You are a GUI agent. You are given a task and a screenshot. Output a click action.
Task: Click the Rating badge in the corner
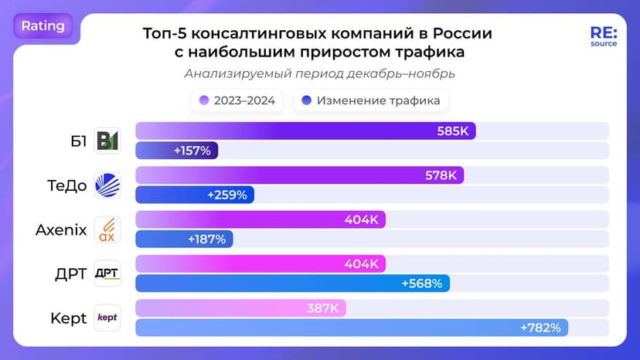click(x=43, y=25)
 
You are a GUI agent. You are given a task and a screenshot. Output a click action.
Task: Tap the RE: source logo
click(x=604, y=36)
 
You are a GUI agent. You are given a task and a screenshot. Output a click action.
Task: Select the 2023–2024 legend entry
click(x=238, y=100)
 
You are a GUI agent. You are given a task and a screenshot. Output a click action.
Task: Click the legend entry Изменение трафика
click(x=371, y=100)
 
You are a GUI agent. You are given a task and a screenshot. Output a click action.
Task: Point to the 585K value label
click(x=453, y=131)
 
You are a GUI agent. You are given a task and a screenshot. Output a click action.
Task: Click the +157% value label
click(x=192, y=151)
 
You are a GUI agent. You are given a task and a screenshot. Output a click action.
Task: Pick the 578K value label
click(x=441, y=175)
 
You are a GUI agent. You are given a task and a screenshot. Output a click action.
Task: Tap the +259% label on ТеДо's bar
click(x=227, y=195)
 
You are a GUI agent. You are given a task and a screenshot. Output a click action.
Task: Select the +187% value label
click(x=206, y=239)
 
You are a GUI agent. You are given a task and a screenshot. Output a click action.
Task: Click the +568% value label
click(x=422, y=284)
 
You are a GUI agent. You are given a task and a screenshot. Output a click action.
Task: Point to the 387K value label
click(x=324, y=308)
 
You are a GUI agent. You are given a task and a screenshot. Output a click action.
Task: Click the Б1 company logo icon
click(x=107, y=141)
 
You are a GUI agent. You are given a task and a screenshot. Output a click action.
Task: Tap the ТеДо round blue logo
click(x=107, y=185)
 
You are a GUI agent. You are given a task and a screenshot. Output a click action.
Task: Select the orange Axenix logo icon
click(x=107, y=229)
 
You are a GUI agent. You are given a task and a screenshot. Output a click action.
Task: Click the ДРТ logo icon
click(x=107, y=273)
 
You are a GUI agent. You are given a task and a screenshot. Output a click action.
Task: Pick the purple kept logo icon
click(x=107, y=318)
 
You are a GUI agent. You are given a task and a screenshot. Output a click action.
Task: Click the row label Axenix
click(x=61, y=229)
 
